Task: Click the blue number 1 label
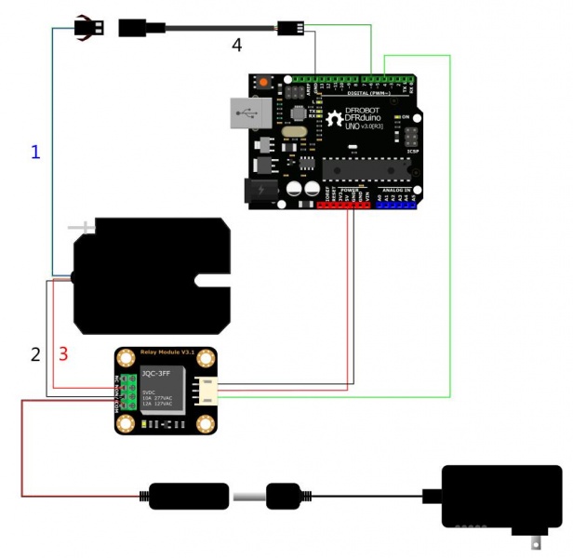[35, 152]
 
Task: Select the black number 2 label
[35, 354]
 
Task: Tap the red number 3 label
[63, 354]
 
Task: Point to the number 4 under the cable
[236, 45]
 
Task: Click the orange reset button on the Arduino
[263, 83]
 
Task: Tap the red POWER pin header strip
[344, 204]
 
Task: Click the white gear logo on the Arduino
[334, 119]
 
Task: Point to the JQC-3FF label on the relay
[154, 374]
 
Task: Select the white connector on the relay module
[207, 391]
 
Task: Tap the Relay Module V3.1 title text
[165, 353]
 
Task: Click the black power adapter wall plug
[501, 498]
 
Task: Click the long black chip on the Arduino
[364, 169]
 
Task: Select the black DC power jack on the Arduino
[259, 191]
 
